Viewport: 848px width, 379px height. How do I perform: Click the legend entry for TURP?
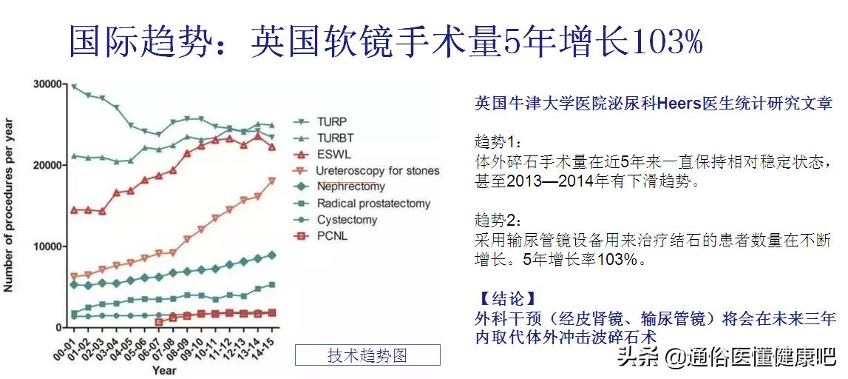(331, 121)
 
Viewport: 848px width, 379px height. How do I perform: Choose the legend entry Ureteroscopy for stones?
(377, 171)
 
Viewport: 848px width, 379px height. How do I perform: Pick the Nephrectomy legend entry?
(351, 187)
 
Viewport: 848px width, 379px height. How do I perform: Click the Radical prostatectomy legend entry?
(373, 203)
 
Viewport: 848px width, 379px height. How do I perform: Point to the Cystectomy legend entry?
(347, 220)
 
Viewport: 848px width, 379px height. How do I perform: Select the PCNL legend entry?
(332, 236)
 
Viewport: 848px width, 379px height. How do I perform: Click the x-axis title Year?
(164, 369)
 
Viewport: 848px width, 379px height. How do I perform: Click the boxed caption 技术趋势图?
(367, 355)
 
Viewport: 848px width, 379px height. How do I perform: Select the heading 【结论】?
(506, 299)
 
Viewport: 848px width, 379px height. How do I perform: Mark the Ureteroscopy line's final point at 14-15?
(272, 181)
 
